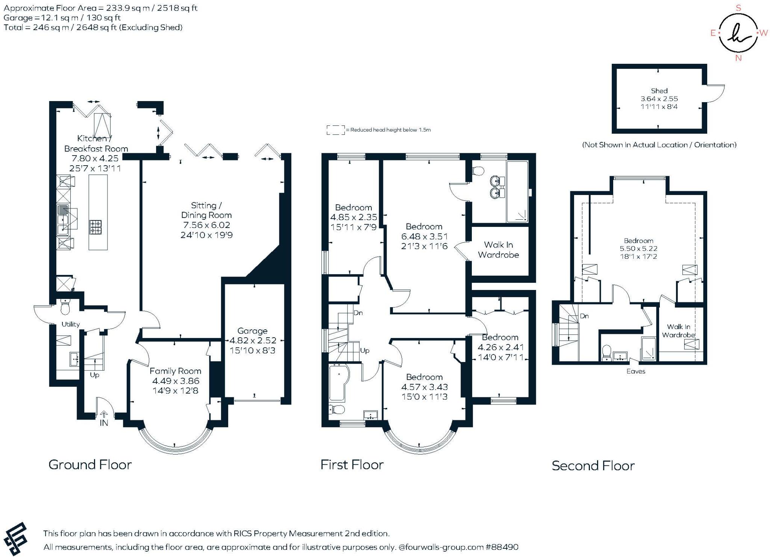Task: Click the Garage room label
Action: coord(252,331)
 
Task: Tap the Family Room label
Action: coord(175,371)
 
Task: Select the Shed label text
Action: coord(659,91)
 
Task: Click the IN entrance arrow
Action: coord(104,414)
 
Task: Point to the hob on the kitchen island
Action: coord(95,227)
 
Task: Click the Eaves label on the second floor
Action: coord(635,371)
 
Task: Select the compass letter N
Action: coord(738,58)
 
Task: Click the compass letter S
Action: coord(738,8)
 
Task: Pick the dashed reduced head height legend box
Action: coord(335,130)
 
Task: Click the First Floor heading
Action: coord(352,465)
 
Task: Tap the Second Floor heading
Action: coord(593,466)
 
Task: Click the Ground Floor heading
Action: coord(90,465)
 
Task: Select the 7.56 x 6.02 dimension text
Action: coord(206,225)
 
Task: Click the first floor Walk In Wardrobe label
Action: coord(498,250)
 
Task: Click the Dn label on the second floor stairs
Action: coord(584,316)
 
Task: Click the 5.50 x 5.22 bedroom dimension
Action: coord(638,249)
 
